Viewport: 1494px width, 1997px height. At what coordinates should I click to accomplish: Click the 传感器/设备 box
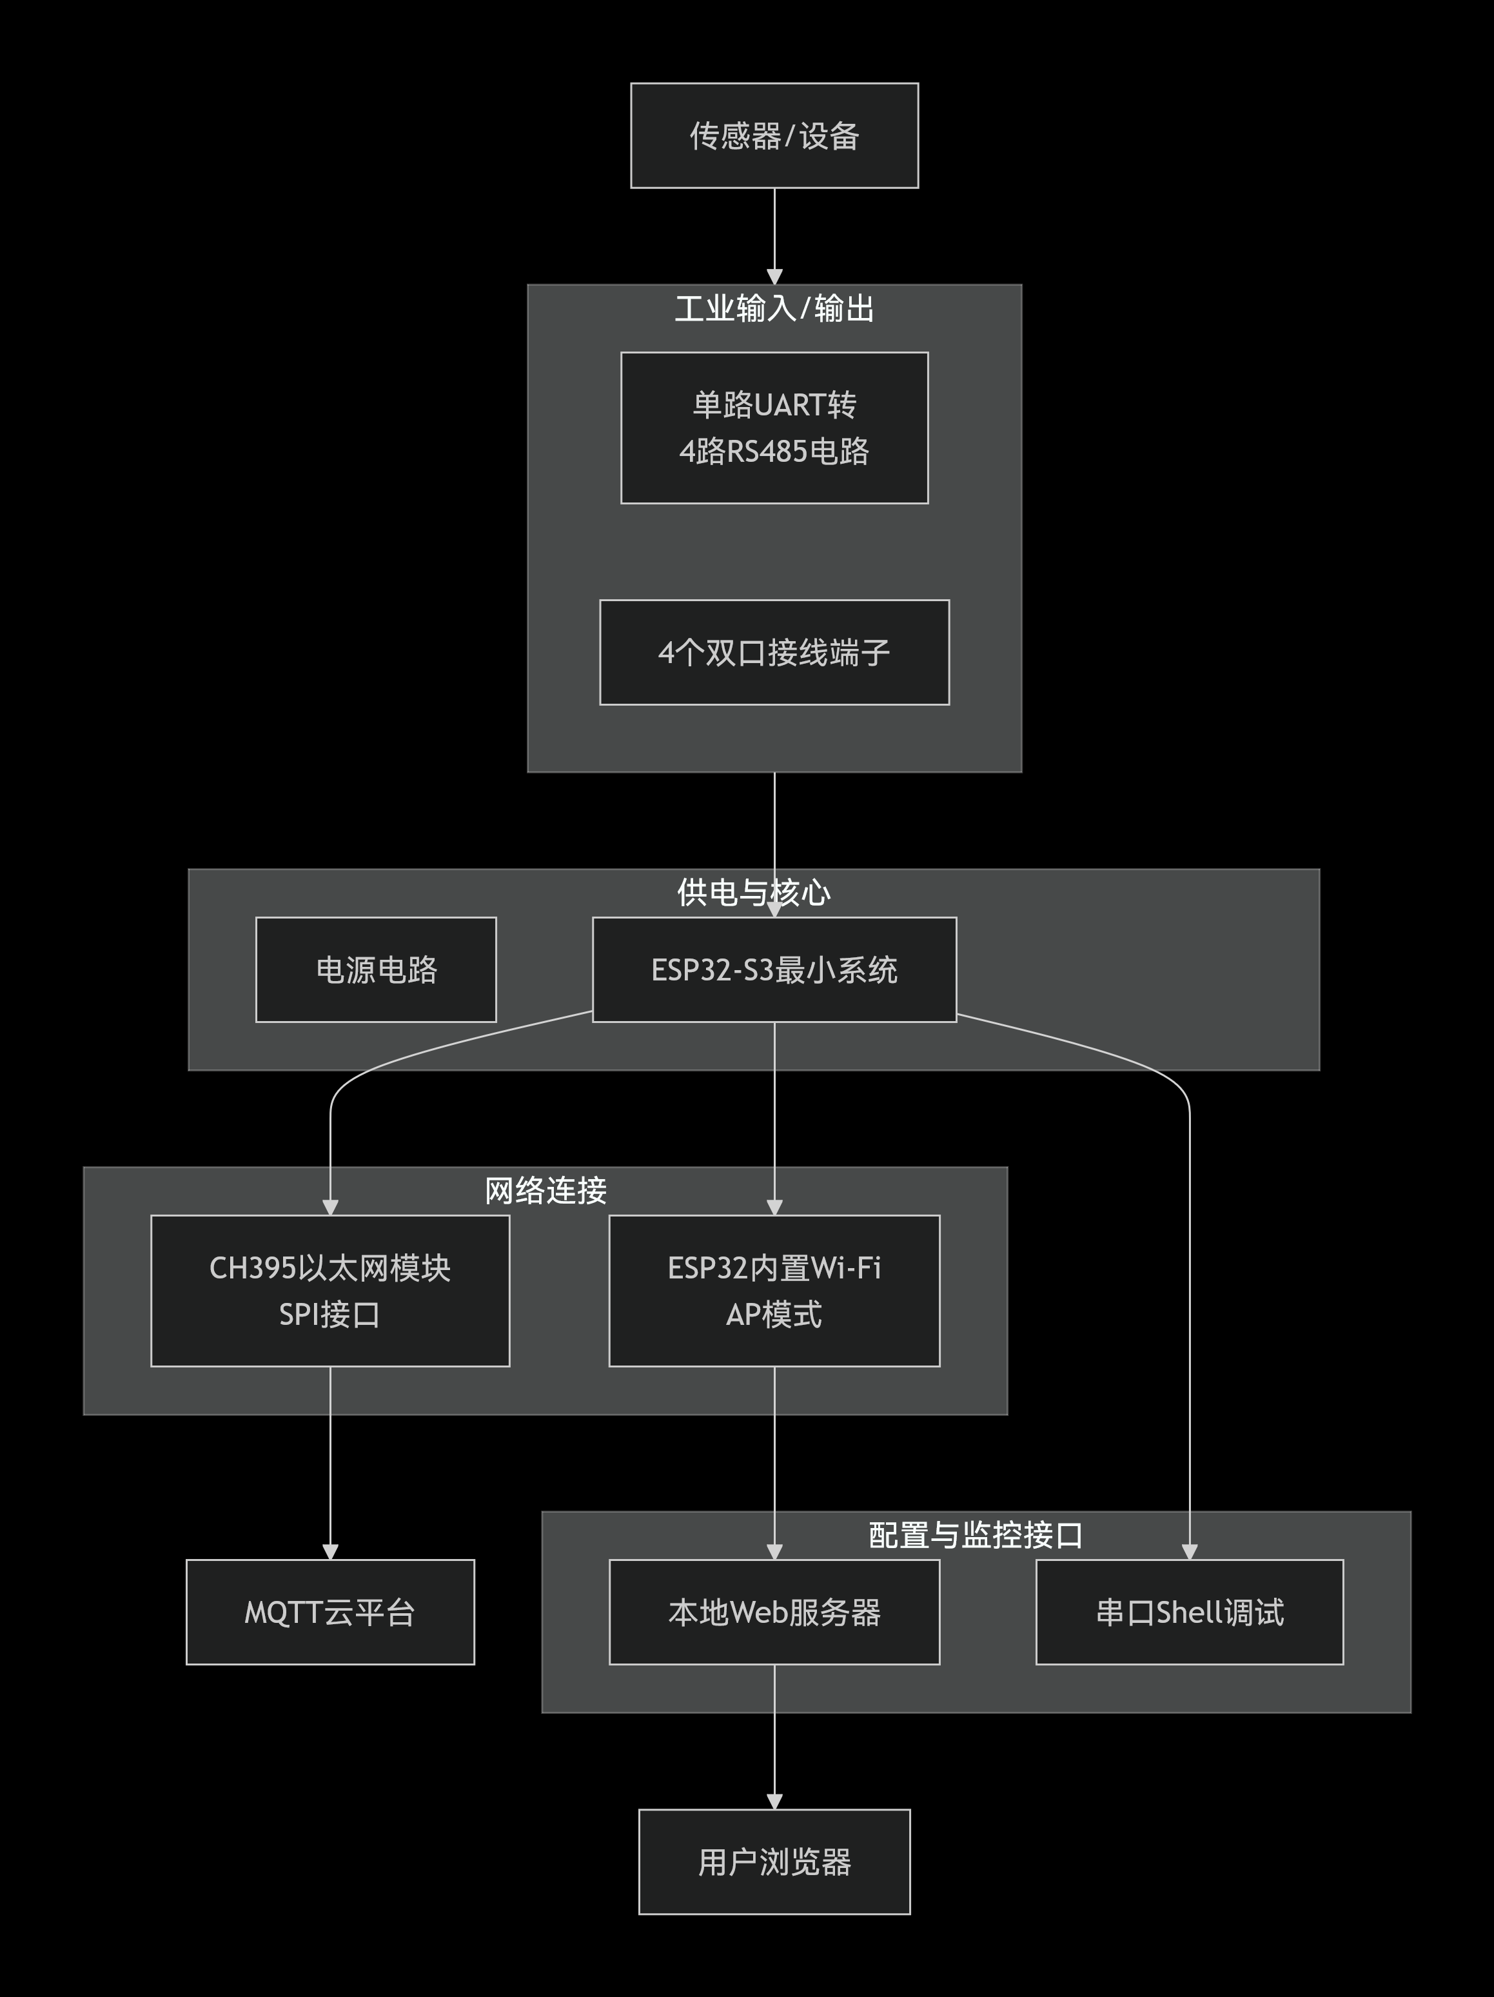[x=774, y=135]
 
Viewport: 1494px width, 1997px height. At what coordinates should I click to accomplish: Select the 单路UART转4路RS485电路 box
[x=774, y=427]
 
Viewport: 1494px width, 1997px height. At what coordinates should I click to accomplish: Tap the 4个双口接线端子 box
[x=774, y=652]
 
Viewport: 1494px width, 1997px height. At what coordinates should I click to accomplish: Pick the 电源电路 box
[x=375, y=969]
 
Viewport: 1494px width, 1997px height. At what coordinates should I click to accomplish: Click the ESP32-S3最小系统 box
[x=774, y=969]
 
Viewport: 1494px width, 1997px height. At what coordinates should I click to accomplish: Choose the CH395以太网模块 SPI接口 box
[x=329, y=1290]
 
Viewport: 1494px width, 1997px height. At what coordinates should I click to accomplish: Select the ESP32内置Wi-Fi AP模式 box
[x=774, y=1290]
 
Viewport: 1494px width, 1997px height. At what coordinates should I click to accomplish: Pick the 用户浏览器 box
[x=774, y=1862]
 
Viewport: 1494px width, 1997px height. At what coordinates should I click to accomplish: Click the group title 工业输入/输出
[x=774, y=309]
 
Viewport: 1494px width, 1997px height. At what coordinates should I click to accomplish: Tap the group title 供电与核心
[x=753, y=892]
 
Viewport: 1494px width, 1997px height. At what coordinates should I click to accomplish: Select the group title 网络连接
[x=546, y=1191]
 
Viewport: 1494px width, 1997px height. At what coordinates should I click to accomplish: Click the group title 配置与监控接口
[x=975, y=1535]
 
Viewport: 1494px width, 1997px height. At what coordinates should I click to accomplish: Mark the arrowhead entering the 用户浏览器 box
[x=774, y=1801]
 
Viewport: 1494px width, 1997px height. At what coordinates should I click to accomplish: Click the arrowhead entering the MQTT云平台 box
[x=329, y=1551]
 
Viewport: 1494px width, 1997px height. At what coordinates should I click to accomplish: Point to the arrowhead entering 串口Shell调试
[x=1189, y=1551]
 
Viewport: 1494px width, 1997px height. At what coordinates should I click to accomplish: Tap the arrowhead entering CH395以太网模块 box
[x=329, y=1207]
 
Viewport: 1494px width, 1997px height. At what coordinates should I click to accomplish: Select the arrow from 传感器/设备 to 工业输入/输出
[x=774, y=235]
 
